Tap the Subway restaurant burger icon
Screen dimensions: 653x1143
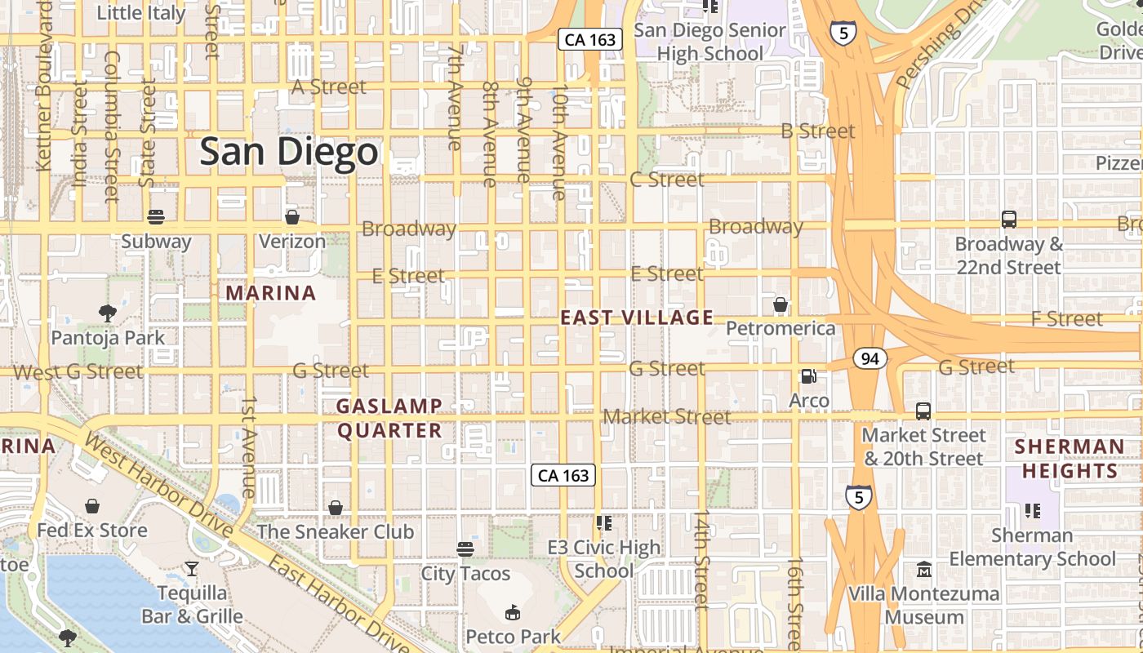[156, 217]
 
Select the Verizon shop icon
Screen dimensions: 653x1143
[292, 217]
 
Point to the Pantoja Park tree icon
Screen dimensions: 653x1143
[107, 313]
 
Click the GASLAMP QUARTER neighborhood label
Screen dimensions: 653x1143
[389, 418]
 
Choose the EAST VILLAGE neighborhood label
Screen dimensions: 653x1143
[637, 318]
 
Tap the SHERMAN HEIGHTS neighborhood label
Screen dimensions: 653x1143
[1070, 459]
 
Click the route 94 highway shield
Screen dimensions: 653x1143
[871, 358]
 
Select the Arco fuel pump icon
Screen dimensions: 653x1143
[808, 376]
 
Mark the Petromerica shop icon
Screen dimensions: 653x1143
[781, 305]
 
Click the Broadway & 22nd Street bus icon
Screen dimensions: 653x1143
[1009, 220]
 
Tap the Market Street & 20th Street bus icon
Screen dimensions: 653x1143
[923, 411]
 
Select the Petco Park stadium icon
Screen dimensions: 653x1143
[513, 612]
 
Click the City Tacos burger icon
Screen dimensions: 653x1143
[465, 549]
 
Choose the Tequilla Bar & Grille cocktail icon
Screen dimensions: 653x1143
[192, 568]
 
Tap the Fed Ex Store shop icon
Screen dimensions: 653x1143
[92, 506]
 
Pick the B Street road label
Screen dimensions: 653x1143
[818, 131]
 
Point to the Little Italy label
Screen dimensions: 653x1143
[140, 13]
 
